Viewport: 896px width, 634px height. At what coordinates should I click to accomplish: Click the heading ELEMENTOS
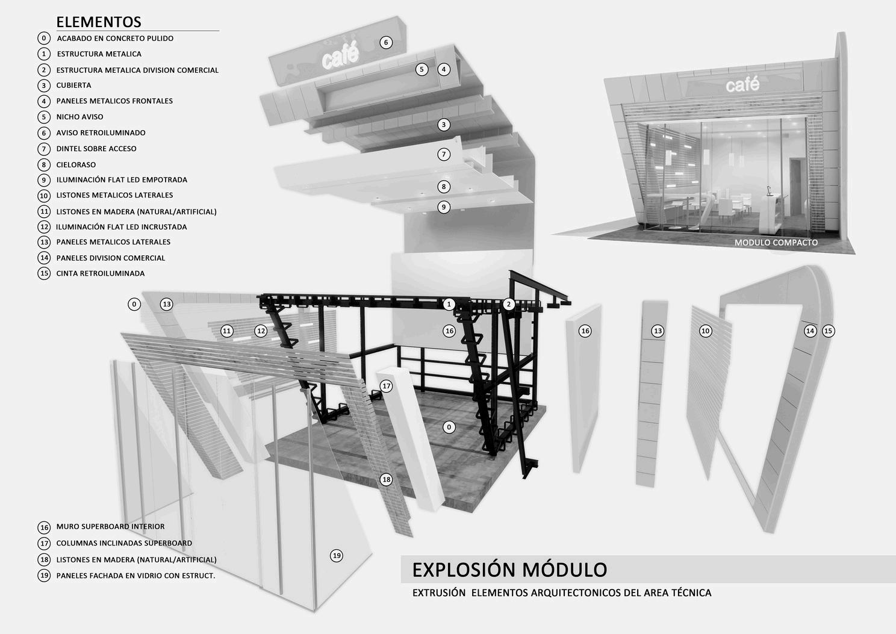[x=99, y=22]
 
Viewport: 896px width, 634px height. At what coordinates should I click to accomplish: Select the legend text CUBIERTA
[x=73, y=85]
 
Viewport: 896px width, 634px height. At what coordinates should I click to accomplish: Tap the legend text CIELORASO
[x=76, y=164]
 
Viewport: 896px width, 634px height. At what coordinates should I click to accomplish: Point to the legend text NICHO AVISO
[x=79, y=117]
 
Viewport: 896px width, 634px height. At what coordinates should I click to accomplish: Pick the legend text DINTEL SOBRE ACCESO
[x=96, y=149]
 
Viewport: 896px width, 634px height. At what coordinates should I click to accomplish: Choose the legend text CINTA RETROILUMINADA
[x=101, y=273]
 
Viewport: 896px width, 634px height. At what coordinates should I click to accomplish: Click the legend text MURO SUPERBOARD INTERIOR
[x=110, y=527]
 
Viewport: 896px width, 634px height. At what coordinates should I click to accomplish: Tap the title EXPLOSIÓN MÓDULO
[x=509, y=570]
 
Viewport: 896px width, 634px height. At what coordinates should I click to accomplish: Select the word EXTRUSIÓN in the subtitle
[x=439, y=593]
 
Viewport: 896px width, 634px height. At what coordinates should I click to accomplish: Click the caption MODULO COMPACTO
[x=776, y=243]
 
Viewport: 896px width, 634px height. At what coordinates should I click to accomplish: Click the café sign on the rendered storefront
[x=742, y=85]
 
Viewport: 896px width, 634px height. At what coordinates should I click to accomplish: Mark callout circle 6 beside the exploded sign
[x=386, y=42]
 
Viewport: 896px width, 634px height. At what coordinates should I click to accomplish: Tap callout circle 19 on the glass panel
[x=337, y=556]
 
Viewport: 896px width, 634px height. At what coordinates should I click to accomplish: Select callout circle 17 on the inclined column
[x=386, y=386]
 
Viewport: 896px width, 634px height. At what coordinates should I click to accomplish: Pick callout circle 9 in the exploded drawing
[x=444, y=207]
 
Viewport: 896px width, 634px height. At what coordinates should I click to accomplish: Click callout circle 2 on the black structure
[x=509, y=304]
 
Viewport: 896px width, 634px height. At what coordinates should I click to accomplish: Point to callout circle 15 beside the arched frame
[x=828, y=331]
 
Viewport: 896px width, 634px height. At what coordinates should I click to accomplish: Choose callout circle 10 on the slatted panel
[x=705, y=331]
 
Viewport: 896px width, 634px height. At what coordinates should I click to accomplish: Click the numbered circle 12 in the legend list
[x=44, y=227]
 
